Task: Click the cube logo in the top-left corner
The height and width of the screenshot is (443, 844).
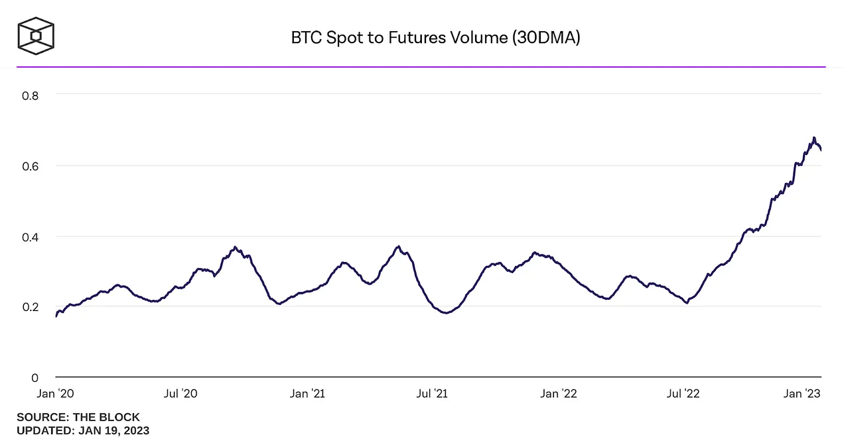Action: coord(36,35)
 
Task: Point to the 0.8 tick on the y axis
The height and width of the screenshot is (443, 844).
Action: coord(30,95)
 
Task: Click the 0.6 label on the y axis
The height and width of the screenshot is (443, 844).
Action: coord(30,165)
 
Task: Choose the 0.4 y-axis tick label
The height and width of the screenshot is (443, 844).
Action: coord(30,236)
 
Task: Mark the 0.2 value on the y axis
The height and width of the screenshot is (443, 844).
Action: coord(30,306)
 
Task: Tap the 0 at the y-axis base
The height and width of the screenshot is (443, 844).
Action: coord(35,377)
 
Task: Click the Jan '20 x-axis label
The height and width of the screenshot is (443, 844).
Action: coord(56,394)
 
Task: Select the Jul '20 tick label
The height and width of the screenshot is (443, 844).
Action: coord(180,394)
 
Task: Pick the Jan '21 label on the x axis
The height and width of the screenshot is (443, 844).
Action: coord(307,394)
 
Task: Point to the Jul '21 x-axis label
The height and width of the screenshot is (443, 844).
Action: coord(432,394)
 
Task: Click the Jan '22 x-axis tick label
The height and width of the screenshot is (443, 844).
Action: coord(559,394)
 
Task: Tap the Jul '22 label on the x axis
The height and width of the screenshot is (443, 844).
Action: coord(683,394)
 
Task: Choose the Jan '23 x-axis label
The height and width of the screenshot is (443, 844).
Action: coord(803,394)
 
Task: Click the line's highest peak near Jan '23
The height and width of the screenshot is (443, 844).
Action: coord(814,138)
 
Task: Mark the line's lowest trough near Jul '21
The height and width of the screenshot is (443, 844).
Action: coord(446,312)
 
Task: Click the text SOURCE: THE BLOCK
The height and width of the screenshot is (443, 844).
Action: coord(78,417)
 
